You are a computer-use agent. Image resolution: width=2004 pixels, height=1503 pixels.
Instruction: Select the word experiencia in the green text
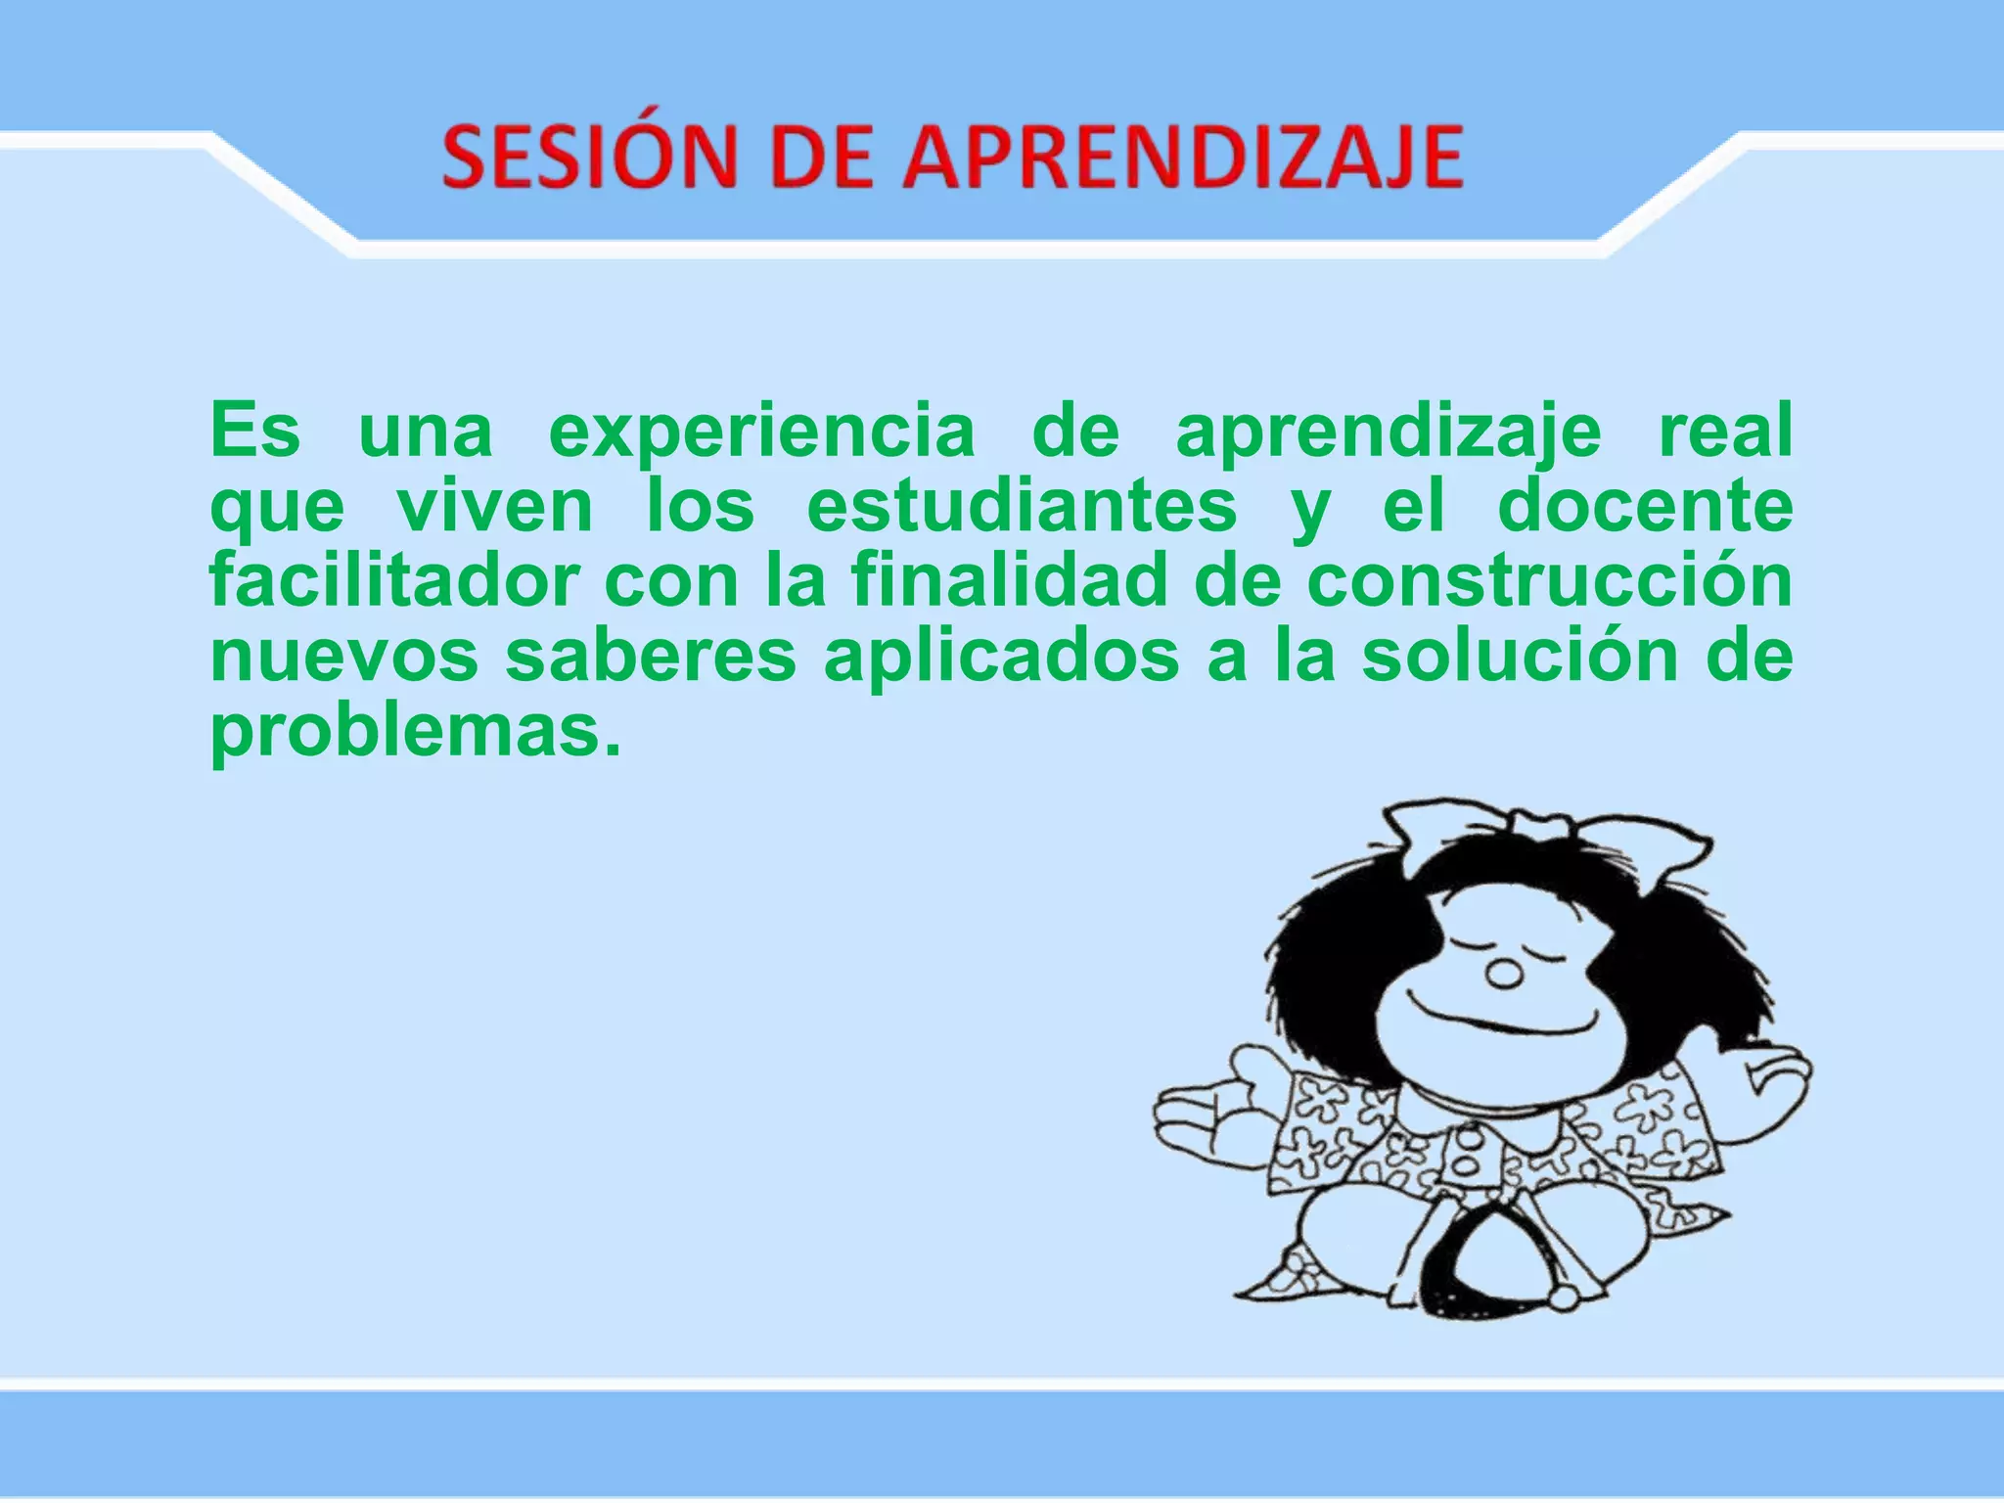762,432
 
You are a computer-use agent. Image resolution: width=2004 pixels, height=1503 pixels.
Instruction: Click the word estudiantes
1022,507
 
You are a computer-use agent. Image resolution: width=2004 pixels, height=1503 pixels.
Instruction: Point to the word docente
1645,507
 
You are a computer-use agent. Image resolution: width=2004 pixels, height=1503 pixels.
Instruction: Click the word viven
495,507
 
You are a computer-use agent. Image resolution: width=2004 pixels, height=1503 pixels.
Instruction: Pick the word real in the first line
1725,432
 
